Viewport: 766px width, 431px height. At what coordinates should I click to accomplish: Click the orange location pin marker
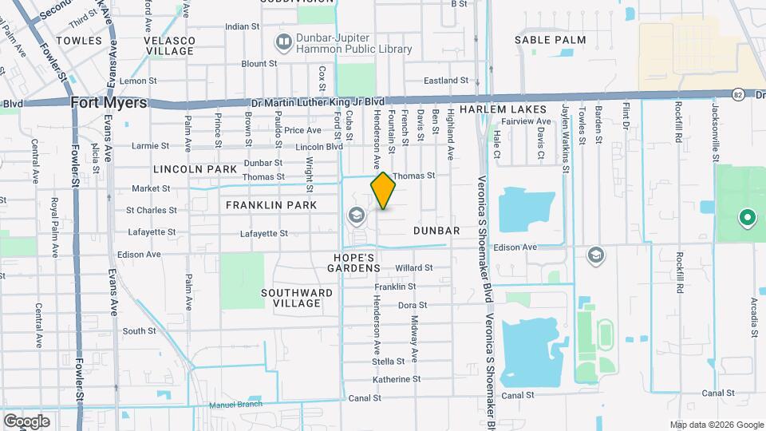tap(383, 191)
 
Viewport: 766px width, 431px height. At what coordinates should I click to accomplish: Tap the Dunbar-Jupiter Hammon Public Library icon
tap(282, 41)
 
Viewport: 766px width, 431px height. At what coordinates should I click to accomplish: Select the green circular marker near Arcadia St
tap(747, 216)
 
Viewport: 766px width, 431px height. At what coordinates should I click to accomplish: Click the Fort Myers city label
tap(109, 102)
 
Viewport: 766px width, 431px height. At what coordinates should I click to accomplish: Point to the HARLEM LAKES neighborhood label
tap(502, 109)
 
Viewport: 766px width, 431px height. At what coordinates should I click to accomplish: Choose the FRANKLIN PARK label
tap(271, 205)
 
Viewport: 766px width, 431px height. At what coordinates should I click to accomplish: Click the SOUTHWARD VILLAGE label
tap(297, 298)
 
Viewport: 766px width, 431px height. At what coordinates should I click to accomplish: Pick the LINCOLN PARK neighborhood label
tap(195, 169)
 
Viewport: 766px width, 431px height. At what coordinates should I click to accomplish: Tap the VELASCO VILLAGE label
tap(169, 45)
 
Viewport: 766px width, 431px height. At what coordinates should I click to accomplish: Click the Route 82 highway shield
tap(739, 93)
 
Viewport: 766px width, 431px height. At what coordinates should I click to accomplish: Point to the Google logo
tap(26, 421)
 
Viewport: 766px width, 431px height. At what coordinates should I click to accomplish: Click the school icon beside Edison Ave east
tap(594, 255)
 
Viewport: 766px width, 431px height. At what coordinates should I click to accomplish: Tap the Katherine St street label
tap(396, 379)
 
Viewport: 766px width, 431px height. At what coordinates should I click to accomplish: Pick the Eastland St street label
tap(445, 81)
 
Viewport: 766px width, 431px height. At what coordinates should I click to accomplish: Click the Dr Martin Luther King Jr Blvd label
tap(318, 102)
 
